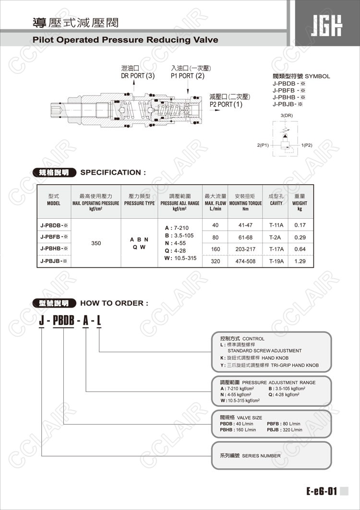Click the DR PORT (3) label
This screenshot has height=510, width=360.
pos(138,76)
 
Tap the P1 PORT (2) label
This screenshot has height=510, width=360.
pos(188,76)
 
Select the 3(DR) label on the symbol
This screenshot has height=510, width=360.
pos(287,116)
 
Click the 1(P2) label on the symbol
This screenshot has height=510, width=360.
pos(307,145)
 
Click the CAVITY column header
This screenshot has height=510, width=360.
pos(276,203)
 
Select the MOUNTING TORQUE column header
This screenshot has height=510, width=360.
pos(245,203)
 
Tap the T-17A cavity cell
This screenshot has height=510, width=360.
pos(276,249)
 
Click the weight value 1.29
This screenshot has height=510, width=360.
pos(300,261)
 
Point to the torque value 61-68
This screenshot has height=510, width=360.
pos(245,237)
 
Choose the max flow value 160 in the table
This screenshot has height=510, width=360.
pos(216,249)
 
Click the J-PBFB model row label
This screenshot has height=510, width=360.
pos(54,237)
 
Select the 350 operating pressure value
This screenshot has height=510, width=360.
pos(96,243)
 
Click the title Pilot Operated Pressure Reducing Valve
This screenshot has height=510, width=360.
pos(125,40)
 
